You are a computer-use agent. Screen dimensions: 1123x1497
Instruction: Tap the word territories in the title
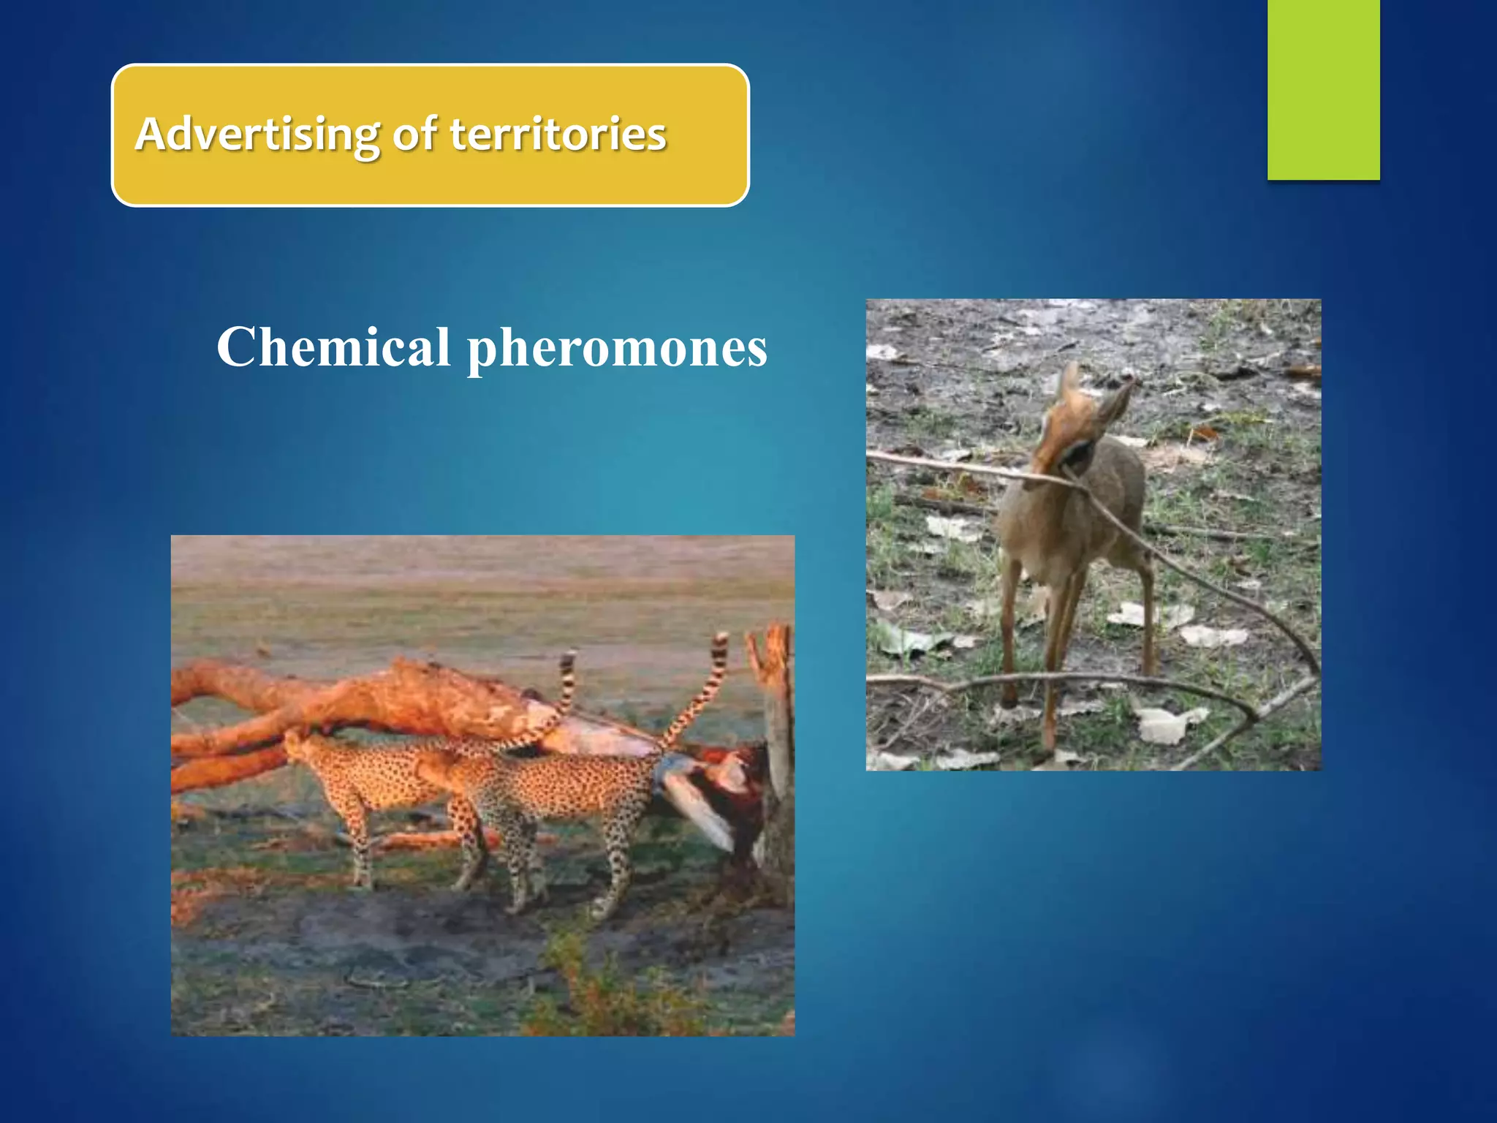click(x=558, y=135)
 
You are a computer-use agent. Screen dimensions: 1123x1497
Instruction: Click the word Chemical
click(x=333, y=347)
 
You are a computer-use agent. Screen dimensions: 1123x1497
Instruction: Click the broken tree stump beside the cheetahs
click(x=775, y=731)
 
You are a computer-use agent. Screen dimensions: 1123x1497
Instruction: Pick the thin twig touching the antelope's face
click(x=950, y=468)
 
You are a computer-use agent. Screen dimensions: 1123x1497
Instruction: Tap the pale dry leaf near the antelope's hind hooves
click(x=1170, y=724)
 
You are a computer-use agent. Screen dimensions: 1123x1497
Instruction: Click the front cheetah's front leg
click(x=358, y=841)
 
